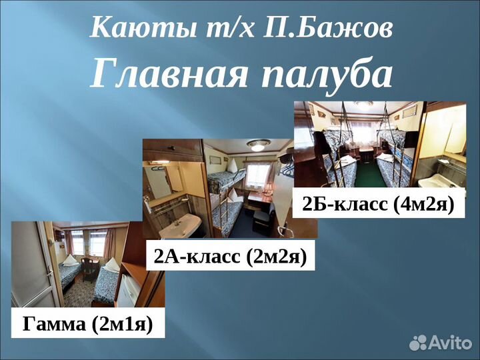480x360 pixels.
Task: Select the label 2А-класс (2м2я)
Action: [x=230, y=256]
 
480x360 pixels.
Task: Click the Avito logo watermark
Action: [x=441, y=343]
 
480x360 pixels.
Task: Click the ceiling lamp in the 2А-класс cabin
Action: [x=259, y=144]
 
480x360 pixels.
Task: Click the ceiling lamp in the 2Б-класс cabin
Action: [x=363, y=105]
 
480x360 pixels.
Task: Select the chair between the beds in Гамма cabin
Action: [x=90, y=270]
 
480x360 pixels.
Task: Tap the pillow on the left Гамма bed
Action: [x=70, y=261]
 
